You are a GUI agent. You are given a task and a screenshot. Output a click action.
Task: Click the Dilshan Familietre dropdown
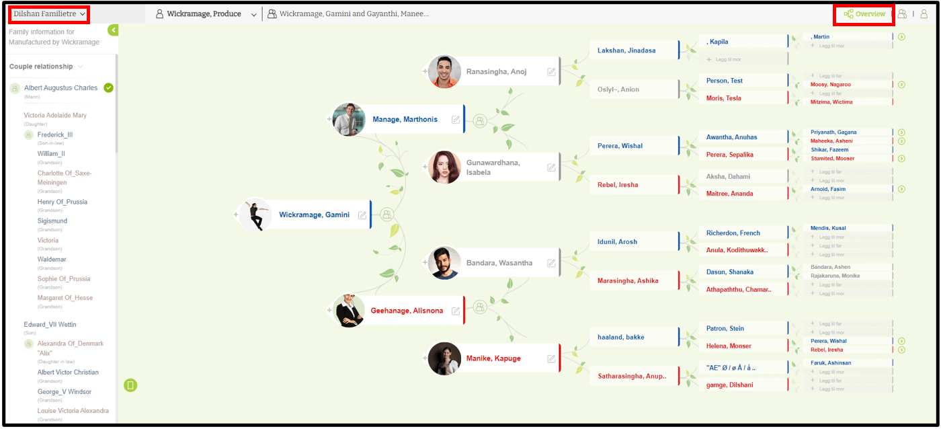pyautogui.click(x=49, y=14)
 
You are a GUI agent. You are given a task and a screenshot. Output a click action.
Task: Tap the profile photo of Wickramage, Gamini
pyautogui.click(x=255, y=214)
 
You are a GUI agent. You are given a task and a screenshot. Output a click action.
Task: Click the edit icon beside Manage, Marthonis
pyautogui.click(x=456, y=120)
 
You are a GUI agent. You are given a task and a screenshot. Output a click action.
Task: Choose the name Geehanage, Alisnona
pyautogui.click(x=407, y=311)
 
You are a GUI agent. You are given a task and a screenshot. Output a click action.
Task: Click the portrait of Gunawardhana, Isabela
pyautogui.click(x=445, y=167)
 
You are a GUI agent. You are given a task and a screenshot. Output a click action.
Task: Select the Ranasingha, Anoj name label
pyautogui.click(x=496, y=71)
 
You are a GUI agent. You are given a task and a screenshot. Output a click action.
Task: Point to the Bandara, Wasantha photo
pyautogui.click(x=445, y=263)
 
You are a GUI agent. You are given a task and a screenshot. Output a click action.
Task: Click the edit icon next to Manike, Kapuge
pyautogui.click(x=552, y=358)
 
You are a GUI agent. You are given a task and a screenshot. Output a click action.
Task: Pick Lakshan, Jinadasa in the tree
pyautogui.click(x=626, y=50)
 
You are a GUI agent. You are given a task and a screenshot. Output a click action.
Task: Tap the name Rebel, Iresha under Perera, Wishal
pyautogui.click(x=618, y=185)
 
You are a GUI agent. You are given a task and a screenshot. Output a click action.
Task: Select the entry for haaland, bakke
pyautogui.click(x=620, y=337)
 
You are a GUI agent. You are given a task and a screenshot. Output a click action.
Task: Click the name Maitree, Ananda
pyautogui.click(x=729, y=194)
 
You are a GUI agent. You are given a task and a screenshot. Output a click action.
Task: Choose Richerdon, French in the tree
pyautogui.click(x=733, y=233)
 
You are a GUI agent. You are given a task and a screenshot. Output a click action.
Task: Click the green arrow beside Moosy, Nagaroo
pyautogui.click(x=901, y=85)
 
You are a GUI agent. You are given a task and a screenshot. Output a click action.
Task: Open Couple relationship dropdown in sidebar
pyautogui.click(x=46, y=67)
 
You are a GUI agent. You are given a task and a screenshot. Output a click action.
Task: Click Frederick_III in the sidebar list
pyautogui.click(x=55, y=134)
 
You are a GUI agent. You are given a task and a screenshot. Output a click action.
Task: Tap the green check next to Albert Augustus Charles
pyautogui.click(x=109, y=88)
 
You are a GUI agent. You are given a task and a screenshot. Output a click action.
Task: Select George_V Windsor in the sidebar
pyautogui.click(x=65, y=391)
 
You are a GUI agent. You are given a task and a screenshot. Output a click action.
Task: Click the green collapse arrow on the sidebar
pyautogui.click(x=113, y=30)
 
